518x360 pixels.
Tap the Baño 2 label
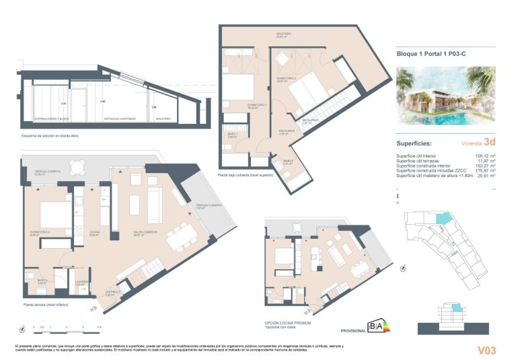(x=289, y=162)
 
